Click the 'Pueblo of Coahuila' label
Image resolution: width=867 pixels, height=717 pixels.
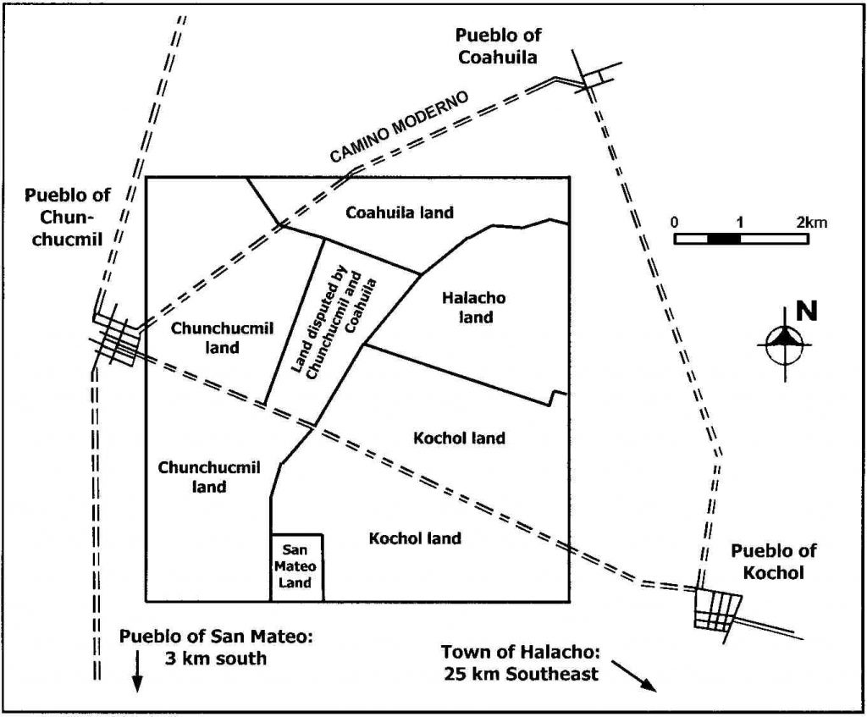click(x=498, y=46)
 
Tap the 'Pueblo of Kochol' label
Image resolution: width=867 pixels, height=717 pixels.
click(x=773, y=561)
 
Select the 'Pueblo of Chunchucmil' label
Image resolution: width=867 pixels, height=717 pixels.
click(x=67, y=217)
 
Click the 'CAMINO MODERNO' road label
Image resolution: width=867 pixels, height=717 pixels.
click(x=399, y=127)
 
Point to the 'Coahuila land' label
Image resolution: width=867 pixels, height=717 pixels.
click(x=400, y=212)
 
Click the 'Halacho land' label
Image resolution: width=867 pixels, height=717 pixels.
click(x=474, y=307)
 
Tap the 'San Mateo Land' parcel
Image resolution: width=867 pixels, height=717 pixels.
click(x=296, y=567)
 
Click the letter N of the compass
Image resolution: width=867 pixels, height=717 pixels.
click(x=806, y=312)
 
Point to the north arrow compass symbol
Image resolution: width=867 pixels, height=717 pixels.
click(x=785, y=344)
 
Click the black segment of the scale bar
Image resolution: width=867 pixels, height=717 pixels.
click(x=724, y=239)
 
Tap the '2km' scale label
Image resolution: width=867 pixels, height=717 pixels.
click(x=811, y=223)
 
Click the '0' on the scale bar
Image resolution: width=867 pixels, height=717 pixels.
click(x=674, y=223)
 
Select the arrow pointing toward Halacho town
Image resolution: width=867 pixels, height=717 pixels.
click(x=633, y=675)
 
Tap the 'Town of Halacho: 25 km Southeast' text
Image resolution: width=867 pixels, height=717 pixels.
click(x=521, y=663)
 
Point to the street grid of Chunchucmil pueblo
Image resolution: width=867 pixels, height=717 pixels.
click(x=117, y=339)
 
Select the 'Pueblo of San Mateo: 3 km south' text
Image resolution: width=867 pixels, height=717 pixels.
click(x=216, y=648)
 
